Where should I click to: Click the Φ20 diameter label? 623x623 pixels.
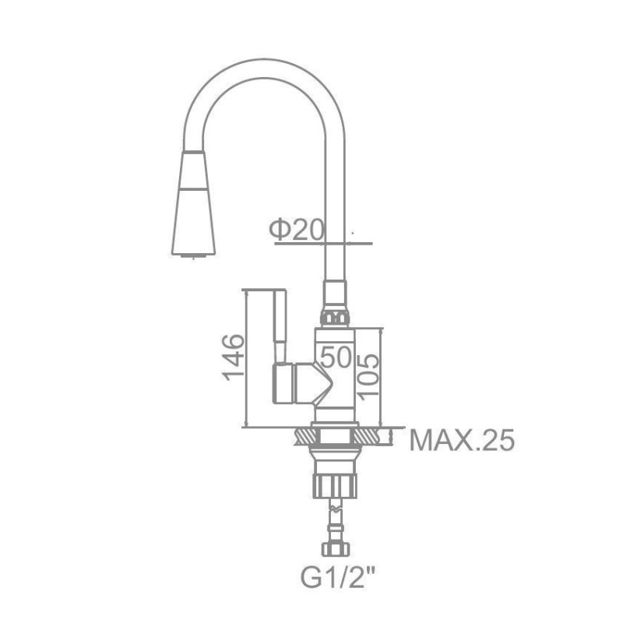(x=297, y=230)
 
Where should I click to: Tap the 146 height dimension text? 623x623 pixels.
(x=233, y=357)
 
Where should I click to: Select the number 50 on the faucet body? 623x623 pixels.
(x=336, y=357)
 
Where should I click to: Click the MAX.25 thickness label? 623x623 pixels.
(x=462, y=440)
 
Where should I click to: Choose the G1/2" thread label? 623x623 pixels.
(x=338, y=577)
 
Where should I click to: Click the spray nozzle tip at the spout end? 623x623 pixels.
(x=193, y=256)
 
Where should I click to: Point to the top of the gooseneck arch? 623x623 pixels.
(x=264, y=69)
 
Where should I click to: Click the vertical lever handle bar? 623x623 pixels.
(x=280, y=326)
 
